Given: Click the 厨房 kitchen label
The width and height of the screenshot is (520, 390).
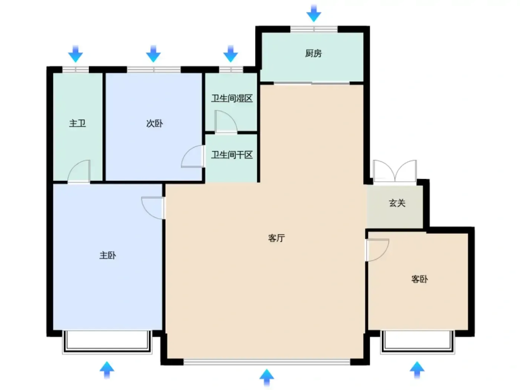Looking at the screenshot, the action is point(313,53).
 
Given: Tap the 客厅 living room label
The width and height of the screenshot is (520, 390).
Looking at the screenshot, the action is point(276,238).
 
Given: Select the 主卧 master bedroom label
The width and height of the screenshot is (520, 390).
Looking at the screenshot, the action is point(108,255).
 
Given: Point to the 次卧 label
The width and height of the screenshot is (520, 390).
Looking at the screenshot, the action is point(155,123).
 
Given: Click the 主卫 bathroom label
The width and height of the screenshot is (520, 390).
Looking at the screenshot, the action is point(77,123).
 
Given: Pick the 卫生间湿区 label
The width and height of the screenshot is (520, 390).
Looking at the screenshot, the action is point(232,98).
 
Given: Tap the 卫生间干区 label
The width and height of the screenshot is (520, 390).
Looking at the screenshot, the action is point(232,155).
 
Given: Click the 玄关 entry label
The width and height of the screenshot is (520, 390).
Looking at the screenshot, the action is point(397,203).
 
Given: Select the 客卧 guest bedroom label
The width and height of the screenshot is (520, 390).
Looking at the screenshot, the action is point(420,279).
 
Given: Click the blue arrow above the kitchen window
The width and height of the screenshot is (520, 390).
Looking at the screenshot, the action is point(313,13).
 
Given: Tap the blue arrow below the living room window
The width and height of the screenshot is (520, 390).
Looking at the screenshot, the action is point(267,378).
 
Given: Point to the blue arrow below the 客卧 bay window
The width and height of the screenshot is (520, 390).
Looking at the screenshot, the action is point(417,370).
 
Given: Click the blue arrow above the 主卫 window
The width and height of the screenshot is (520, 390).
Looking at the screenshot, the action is point(75,54).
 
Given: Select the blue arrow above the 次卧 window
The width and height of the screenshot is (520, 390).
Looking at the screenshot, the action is point(153,54).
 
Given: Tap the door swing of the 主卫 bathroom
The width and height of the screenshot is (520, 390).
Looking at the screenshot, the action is point(79,171).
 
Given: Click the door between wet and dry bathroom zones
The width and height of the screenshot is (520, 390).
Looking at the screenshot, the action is point(226,121).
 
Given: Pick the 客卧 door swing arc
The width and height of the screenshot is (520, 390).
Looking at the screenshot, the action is point(378,250).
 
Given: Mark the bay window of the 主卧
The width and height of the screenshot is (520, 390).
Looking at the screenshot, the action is point(107,342).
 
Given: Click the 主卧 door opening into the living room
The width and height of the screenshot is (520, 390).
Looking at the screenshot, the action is point(153,208).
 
